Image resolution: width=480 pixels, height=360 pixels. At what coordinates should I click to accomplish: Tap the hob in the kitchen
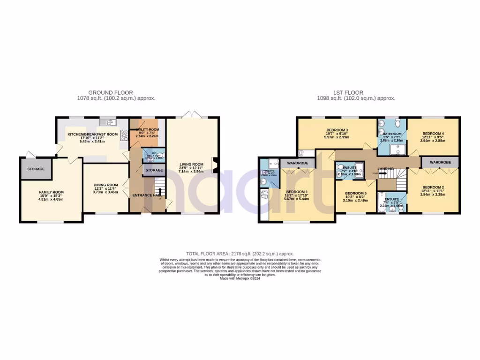coord(125,135)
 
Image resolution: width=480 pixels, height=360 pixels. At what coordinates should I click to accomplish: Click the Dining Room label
coord(105,185)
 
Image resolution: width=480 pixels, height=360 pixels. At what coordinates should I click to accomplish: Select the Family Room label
coord(51,192)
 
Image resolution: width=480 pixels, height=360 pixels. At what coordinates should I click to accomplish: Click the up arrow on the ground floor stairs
coord(160,192)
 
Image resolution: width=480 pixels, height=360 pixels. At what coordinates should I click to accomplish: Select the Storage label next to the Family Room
coord(36,169)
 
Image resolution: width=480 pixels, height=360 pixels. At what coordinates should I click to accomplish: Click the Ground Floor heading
coord(111,93)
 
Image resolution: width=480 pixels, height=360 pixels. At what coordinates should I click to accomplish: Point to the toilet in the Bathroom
coord(397,123)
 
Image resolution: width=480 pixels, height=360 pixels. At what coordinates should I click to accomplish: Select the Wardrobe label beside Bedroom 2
coord(440,162)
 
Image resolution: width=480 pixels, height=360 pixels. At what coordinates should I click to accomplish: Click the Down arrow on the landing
coord(381,173)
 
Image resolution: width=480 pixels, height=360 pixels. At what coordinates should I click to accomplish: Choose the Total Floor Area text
coord(240,254)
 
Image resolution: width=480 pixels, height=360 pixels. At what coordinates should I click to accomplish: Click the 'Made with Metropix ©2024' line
coord(240,278)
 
